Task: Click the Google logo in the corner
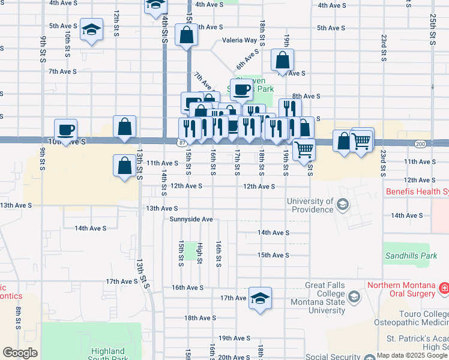[20, 353]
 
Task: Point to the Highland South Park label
[108, 355]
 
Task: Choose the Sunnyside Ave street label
[191, 220]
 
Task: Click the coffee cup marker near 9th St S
[66, 129]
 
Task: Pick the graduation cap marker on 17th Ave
[260, 298]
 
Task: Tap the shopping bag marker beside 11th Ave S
[124, 166]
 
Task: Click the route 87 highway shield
[181, 142]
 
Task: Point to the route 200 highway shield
[420, 144]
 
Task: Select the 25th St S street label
[432, 30]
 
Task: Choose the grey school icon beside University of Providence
[342, 205]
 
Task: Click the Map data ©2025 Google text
[412, 355]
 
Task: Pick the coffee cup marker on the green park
[241, 90]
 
